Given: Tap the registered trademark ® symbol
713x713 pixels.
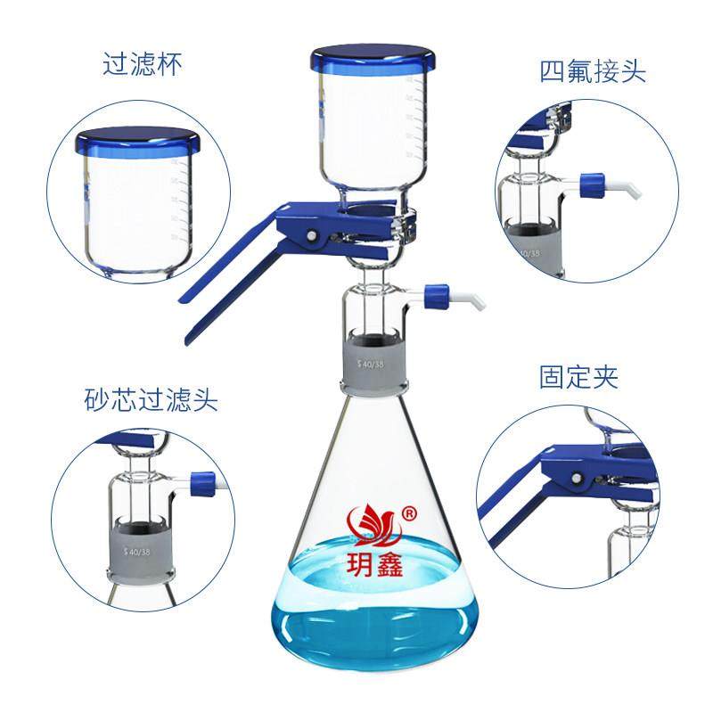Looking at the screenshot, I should pyautogui.click(x=409, y=514).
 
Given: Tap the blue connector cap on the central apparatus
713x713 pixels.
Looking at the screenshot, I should pyautogui.click(x=436, y=291).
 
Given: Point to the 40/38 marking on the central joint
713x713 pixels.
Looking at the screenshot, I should pyautogui.click(x=371, y=363).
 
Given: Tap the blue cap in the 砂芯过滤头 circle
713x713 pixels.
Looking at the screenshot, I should pyautogui.click(x=203, y=482).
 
